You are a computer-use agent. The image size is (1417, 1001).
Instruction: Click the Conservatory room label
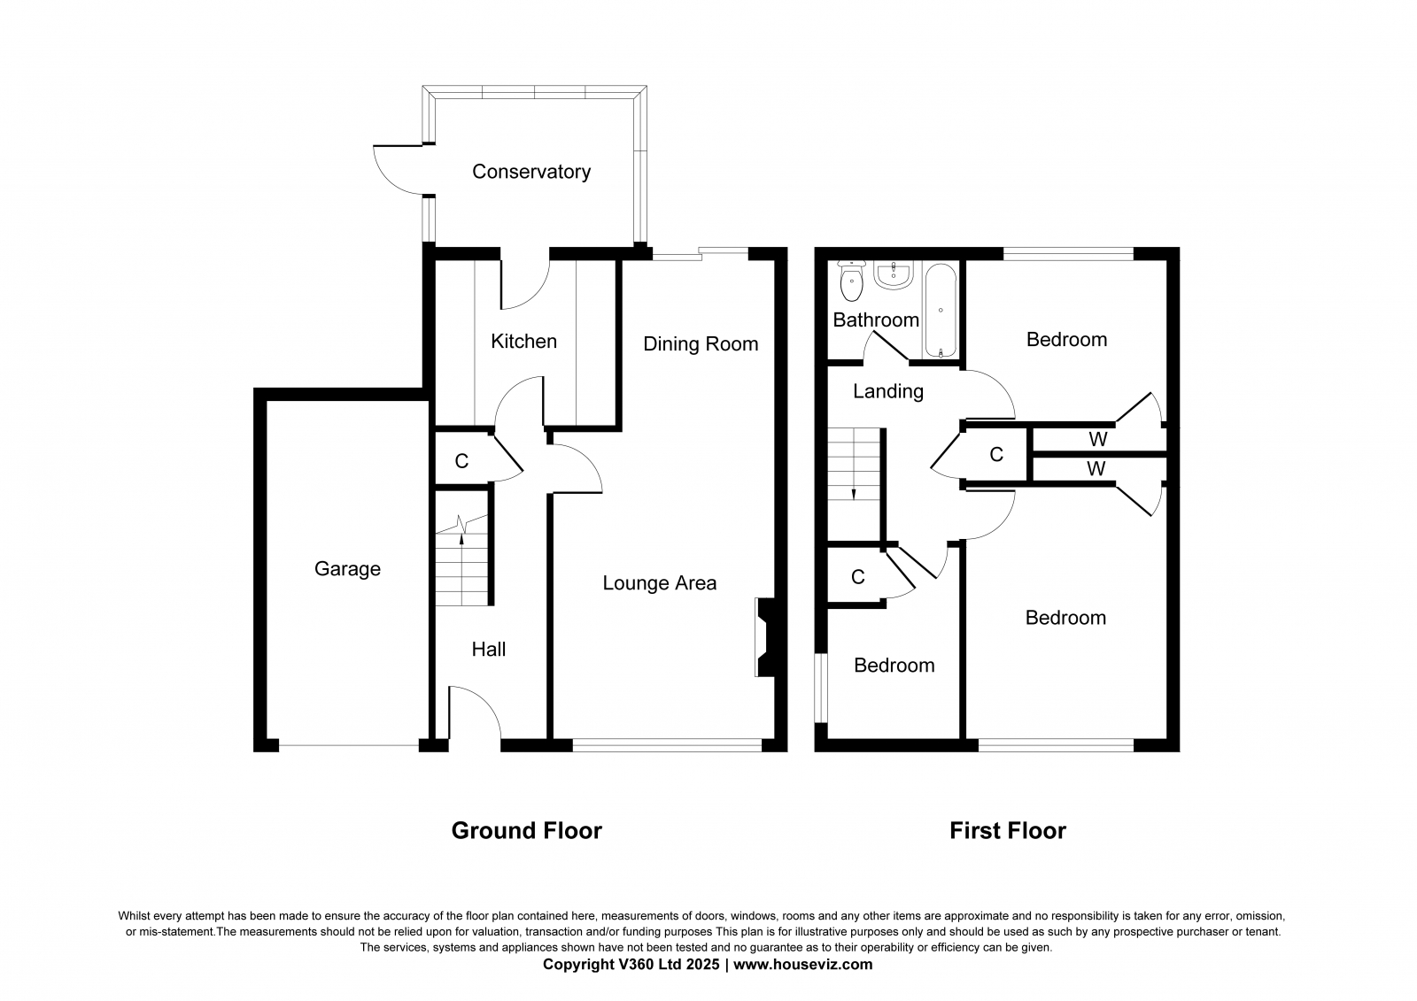(531, 172)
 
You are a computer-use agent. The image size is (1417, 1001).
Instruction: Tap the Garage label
(347, 569)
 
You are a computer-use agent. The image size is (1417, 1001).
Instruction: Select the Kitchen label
(523, 342)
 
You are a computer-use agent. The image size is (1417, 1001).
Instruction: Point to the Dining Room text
(701, 344)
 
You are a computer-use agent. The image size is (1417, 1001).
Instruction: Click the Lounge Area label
(659, 583)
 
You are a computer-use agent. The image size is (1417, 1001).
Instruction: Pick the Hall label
(488, 650)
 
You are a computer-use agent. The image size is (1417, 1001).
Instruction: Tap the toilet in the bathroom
(851, 281)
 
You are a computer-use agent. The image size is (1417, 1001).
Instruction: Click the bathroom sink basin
(894, 275)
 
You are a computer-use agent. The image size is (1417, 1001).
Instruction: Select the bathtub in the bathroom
(941, 311)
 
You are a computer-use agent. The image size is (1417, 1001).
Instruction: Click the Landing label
(888, 391)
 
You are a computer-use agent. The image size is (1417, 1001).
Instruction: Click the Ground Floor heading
(526, 830)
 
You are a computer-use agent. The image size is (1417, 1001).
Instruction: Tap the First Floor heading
(1008, 830)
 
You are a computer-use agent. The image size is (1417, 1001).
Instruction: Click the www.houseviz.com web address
(802, 965)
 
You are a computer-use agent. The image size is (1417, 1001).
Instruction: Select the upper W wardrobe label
(1098, 439)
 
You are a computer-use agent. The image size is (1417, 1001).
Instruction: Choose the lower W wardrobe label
(1096, 468)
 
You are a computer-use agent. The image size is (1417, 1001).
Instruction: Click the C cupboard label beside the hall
(461, 461)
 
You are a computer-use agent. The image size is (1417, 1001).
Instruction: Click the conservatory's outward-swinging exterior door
(398, 170)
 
